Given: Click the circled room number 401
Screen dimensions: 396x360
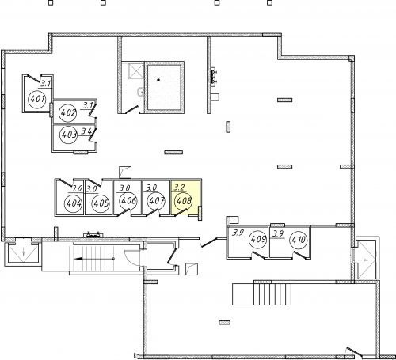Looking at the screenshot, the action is click(x=37, y=99).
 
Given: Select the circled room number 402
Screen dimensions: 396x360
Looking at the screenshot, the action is click(x=68, y=113).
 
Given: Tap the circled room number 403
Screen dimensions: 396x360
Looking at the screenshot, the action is click(x=69, y=135).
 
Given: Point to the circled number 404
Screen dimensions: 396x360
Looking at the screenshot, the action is click(x=74, y=203).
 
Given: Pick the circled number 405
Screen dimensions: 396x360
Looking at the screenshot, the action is click(x=101, y=203).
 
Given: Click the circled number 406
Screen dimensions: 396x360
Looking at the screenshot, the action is click(x=128, y=201).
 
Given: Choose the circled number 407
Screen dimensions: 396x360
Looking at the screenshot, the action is click(x=156, y=201).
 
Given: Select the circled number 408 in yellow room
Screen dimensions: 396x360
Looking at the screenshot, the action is click(x=184, y=201).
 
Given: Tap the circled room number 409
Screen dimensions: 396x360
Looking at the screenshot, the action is click(x=258, y=240).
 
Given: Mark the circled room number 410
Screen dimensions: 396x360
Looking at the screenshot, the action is click(x=299, y=240).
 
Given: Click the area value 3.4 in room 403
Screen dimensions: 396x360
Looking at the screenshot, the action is click(x=86, y=131).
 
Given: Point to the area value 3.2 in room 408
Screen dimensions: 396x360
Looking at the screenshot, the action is click(x=180, y=188).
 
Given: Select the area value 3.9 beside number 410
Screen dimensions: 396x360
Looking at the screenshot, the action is click(x=278, y=233).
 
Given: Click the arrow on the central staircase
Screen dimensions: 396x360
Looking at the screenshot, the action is click(x=94, y=259).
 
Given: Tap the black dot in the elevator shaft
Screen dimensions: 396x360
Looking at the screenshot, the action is click(x=158, y=80).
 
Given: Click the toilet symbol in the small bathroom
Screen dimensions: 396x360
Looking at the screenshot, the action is click(x=141, y=92).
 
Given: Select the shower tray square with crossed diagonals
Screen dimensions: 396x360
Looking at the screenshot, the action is click(x=136, y=70).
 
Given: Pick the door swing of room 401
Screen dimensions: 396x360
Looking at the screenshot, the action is click(x=34, y=78).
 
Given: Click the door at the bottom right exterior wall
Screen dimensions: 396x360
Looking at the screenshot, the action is click(x=355, y=351).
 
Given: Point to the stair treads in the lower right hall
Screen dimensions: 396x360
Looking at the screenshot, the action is click(x=272, y=294).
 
